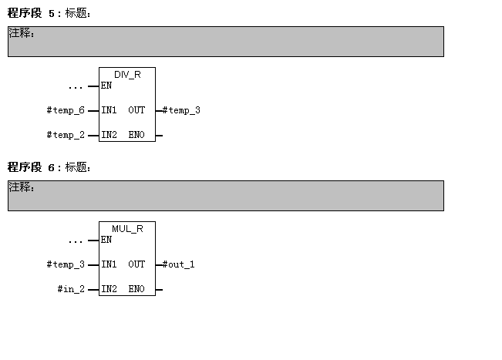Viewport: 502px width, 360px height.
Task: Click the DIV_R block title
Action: [127, 74]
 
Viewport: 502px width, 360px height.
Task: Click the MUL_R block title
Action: [127, 228]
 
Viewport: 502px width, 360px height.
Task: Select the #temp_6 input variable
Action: [66, 110]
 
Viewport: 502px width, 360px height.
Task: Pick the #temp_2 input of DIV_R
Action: [66, 135]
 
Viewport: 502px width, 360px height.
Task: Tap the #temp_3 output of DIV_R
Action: [181, 110]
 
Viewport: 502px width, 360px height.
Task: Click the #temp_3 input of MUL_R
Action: [66, 264]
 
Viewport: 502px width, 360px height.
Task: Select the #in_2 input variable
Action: [71, 289]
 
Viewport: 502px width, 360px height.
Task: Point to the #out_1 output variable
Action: [179, 264]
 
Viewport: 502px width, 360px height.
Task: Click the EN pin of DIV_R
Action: [106, 86]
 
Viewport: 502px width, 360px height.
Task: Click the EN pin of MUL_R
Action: [106, 240]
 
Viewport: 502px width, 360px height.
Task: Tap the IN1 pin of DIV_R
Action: [109, 110]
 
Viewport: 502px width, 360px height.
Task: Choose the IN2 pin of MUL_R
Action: [109, 289]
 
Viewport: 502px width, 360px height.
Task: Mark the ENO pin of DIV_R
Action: [136, 135]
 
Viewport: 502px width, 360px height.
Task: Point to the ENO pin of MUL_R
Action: [136, 289]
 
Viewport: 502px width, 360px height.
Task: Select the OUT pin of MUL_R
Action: [136, 264]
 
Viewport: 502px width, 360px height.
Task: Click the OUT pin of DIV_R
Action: [136, 110]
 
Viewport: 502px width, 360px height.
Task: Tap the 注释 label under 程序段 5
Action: [21, 33]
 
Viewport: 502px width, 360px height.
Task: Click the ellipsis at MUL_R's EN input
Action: [75, 241]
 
